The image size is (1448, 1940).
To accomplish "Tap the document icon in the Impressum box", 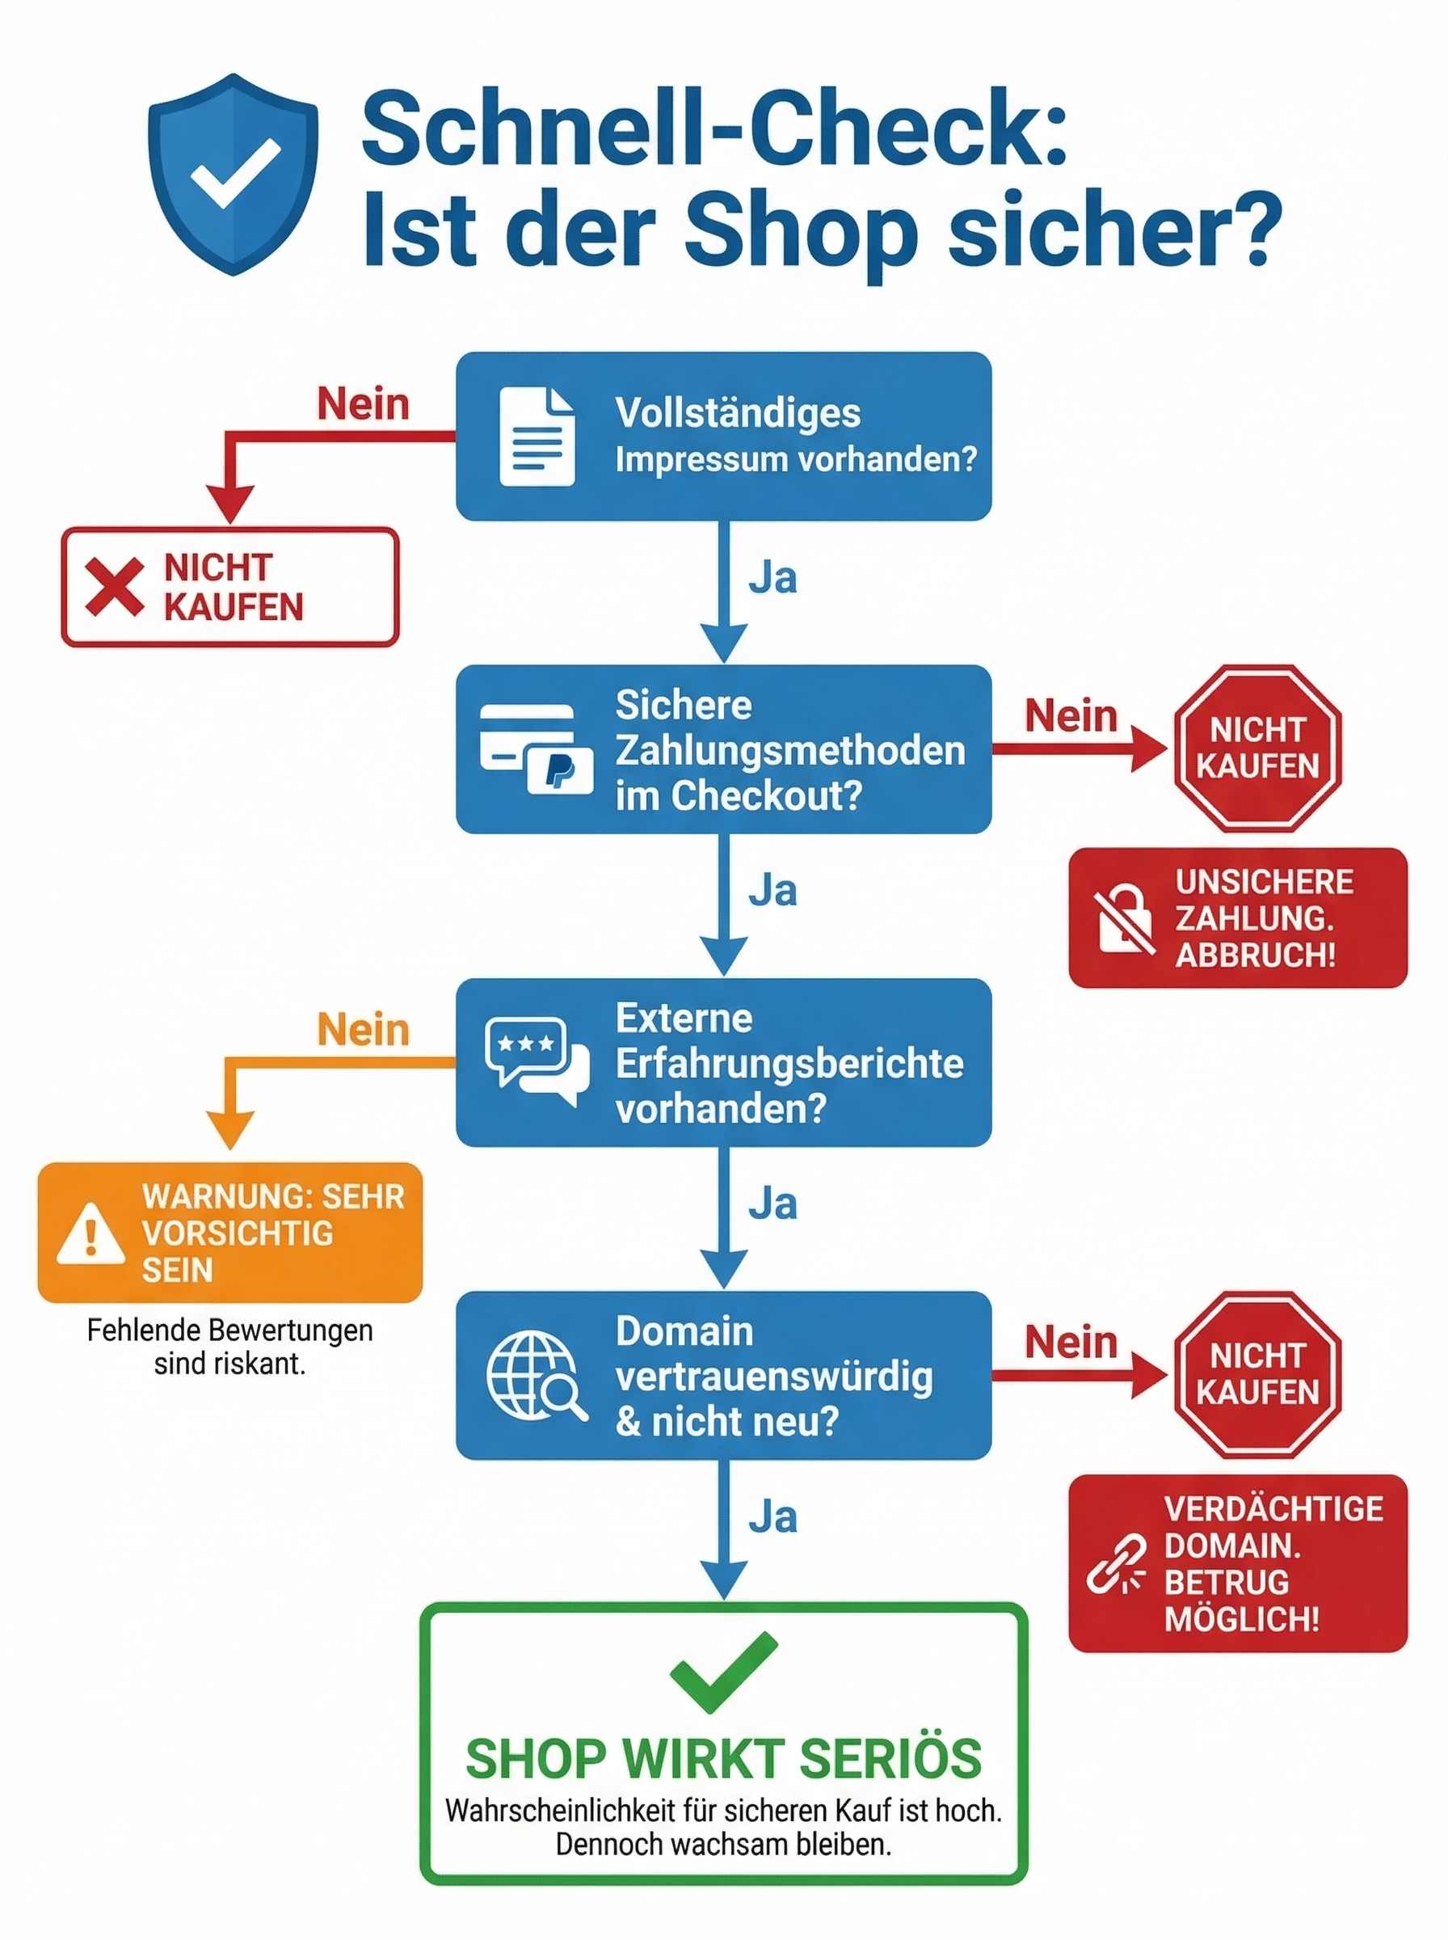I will click(537, 436).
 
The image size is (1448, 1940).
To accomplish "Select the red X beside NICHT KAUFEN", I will click(114, 587).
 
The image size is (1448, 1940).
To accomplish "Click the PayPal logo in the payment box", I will click(559, 771).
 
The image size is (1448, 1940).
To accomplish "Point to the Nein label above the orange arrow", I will click(363, 1029).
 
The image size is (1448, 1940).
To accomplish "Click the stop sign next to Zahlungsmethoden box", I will click(1257, 748).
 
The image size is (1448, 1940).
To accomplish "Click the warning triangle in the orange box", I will click(90, 1234).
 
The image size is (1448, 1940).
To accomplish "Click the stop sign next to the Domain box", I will click(1257, 1373).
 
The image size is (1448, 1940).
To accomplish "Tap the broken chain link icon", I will click(1117, 1564).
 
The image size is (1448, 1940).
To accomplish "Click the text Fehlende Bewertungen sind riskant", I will click(229, 1347).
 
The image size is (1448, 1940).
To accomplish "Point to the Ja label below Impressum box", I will click(772, 579).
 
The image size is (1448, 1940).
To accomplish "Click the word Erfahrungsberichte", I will click(789, 1063).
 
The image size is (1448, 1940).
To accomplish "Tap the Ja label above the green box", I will click(772, 1517).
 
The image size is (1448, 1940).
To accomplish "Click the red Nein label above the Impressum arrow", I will click(363, 404).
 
